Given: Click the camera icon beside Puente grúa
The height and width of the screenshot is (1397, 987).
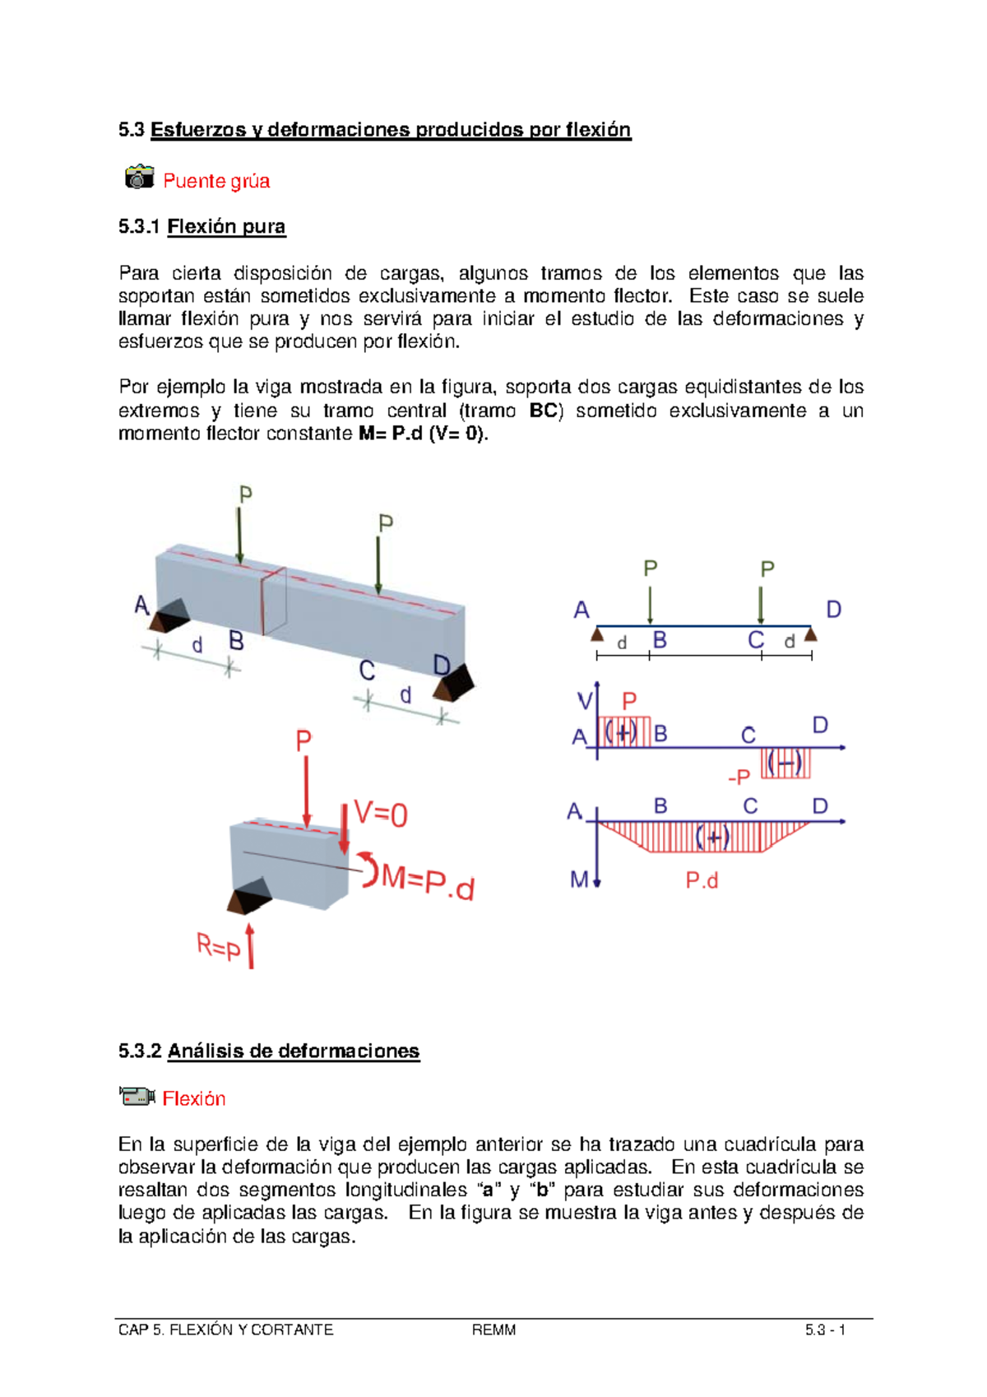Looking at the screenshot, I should [139, 177].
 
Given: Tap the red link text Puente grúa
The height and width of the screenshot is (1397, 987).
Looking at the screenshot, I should [216, 181].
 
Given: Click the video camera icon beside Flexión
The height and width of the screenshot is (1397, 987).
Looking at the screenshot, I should [137, 1096].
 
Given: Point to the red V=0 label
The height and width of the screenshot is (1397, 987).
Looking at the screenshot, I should [381, 814].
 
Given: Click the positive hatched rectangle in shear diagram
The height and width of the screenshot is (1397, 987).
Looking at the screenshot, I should [624, 731].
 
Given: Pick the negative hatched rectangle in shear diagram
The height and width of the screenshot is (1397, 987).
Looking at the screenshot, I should [785, 763].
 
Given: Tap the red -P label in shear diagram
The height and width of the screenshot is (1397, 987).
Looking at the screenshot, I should [739, 777].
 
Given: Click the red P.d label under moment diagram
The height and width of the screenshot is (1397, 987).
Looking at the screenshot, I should [702, 880].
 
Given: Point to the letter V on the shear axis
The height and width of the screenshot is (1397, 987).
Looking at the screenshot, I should [584, 701].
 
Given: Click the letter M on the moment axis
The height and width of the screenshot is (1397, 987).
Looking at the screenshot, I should [579, 880].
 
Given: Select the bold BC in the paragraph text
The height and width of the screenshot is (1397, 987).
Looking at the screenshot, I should [543, 411].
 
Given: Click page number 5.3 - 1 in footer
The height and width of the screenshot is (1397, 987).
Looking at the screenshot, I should [825, 1330].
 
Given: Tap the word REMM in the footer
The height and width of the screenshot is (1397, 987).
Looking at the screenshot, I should [493, 1330].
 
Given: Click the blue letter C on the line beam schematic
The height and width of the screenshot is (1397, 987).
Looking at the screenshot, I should [755, 640].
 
